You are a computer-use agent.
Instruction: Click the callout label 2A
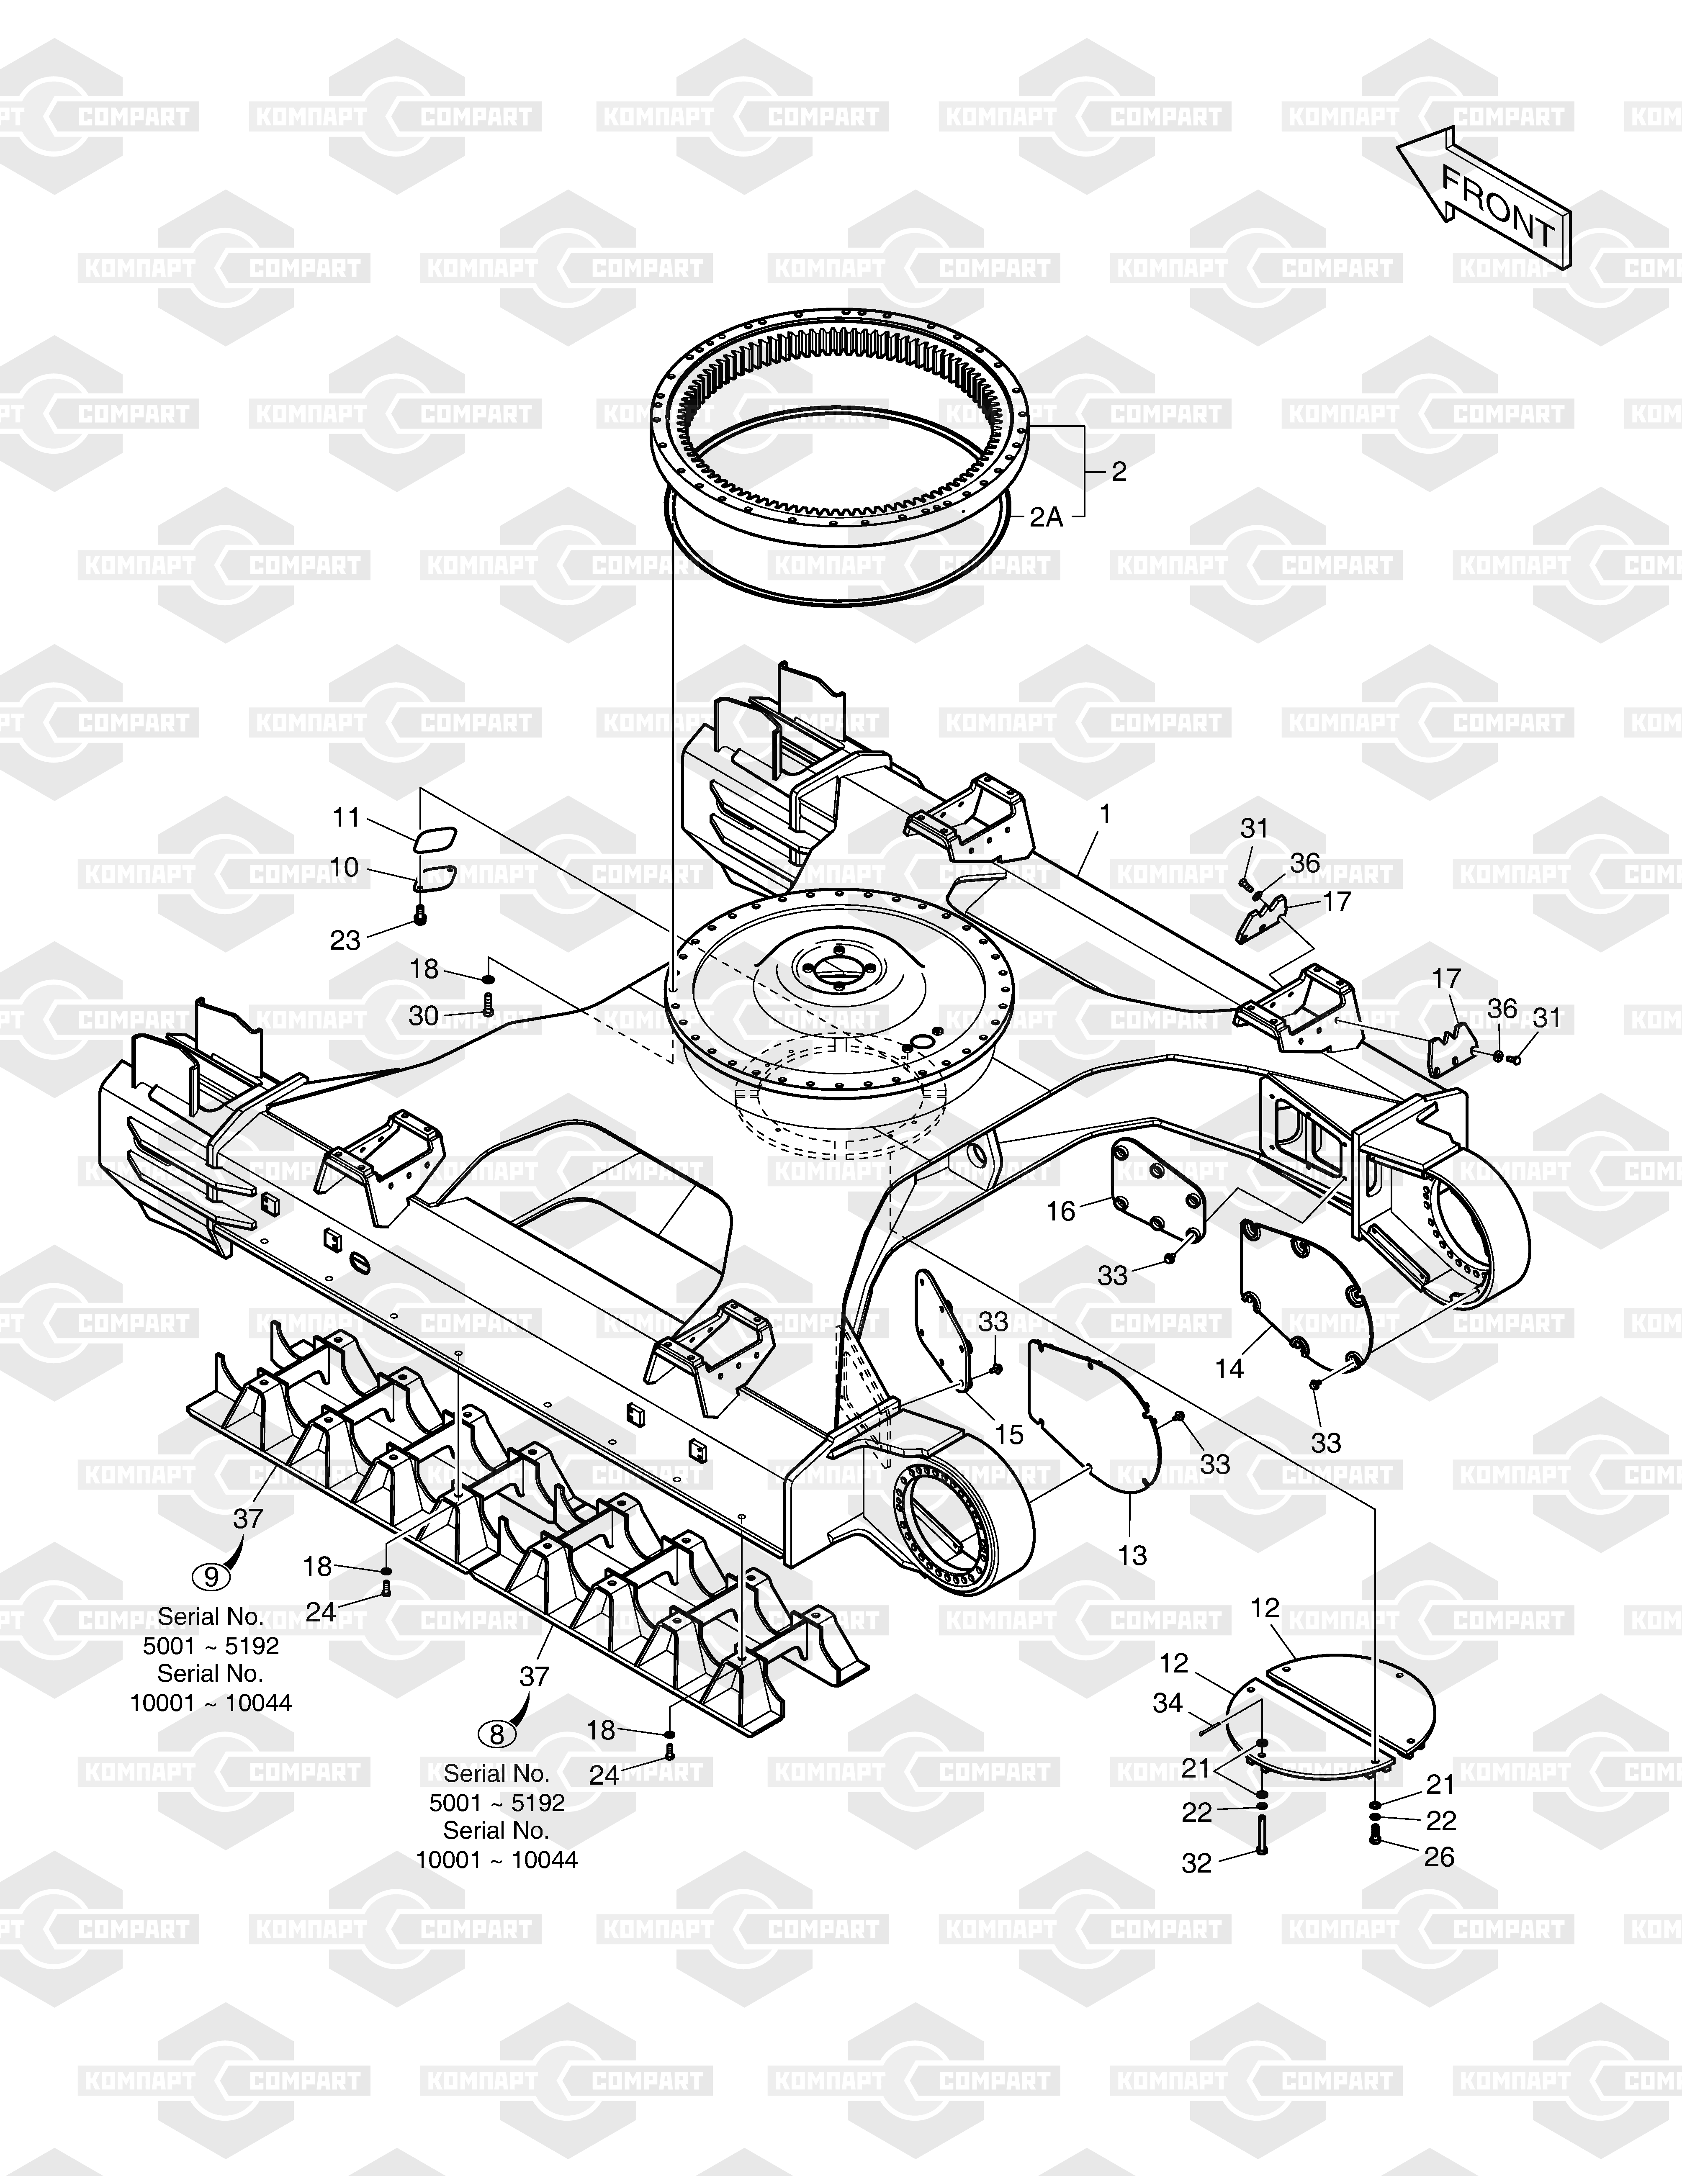pyautogui.click(x=1046, y=517)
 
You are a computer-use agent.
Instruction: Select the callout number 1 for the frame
pyautogui.click(x=1104, y=815)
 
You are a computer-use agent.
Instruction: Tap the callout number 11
pyautogui.click(x=346, y=818)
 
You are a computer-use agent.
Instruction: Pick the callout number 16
pyautogui.click(x=1061, y=1210)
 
